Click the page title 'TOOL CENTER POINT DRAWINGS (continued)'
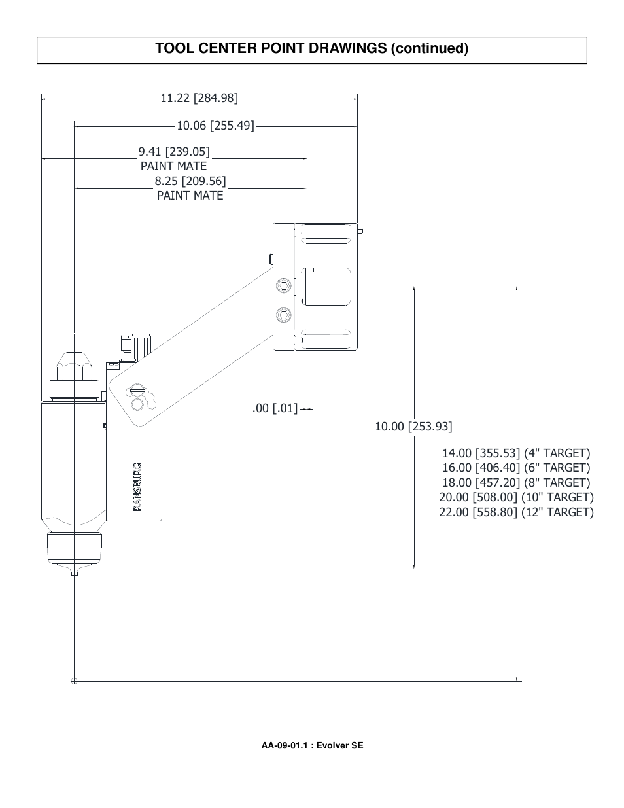click(312, 49)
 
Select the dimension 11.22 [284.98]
click(199, 98)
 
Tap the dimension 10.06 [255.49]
click(215, 125)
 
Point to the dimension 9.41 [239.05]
click(174, 152)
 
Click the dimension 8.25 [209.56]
click(190, 181)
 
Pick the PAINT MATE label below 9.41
click(173, 166)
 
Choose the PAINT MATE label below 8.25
click(190, 196)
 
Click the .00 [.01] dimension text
click(275, 409)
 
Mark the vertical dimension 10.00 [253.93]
click(413, 427)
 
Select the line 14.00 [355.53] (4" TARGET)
click(515, 453)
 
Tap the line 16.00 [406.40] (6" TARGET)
click(515, 468)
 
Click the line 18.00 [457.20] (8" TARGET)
click(515, 483)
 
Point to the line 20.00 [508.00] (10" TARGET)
click(515, 497)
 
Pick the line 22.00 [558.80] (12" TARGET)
click(515, 512)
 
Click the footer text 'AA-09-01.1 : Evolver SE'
click(312, 745)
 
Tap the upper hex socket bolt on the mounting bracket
click(283, 286)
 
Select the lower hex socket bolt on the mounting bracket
click(283, 315)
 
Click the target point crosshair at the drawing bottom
click(74, 681)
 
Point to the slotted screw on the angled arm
click(136, 391)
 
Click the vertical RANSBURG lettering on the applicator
click(138, 487)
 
